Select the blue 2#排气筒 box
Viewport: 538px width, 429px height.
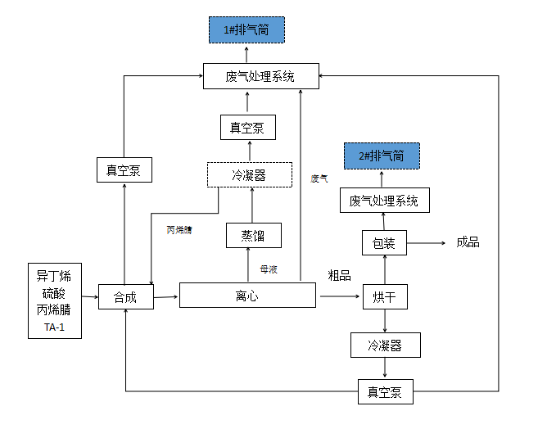click(382, 156)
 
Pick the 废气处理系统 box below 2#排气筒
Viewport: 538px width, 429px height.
click(384, 201)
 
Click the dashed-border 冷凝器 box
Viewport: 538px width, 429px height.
click(249, 174)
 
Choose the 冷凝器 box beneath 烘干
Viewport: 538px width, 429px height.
click(385, 345)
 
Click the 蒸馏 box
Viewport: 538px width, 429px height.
click(253, 236)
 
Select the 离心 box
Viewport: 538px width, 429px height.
click(247, 296)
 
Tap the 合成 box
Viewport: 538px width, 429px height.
click(125, 297)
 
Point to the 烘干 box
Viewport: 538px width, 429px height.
click(384, 296)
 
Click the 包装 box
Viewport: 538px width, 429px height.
click(384, 243)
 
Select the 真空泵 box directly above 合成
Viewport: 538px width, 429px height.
click(124, 170)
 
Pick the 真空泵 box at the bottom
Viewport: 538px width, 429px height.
click(385, 391)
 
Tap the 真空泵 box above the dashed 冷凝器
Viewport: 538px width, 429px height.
click(247, 127)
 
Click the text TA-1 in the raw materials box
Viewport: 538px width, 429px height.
click(54, 328)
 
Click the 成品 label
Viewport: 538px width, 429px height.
click(468, 242)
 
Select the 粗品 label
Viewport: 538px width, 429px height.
click(339, 275)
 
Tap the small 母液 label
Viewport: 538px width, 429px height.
click(269, 269)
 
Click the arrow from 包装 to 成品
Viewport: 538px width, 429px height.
click(425, 243)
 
